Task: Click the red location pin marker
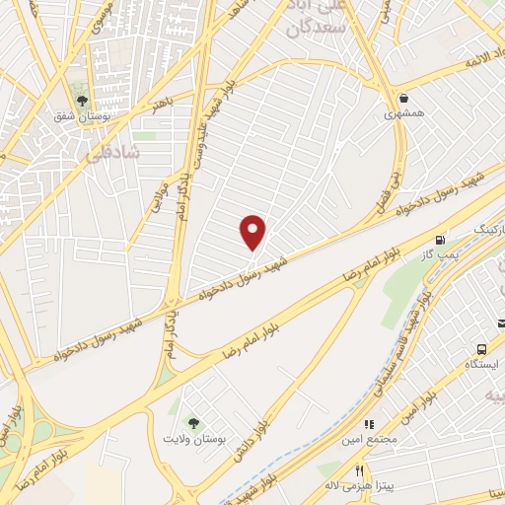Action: coord(253,233)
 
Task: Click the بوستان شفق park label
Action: coord(83,115)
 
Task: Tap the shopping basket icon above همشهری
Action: coord(404,98)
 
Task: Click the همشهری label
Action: coord(404,113)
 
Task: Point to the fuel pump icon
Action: coord(440,240)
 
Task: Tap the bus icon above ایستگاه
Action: coord(482,349)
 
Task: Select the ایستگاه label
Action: coord(483,365)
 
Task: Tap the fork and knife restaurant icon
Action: coord(359,470)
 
